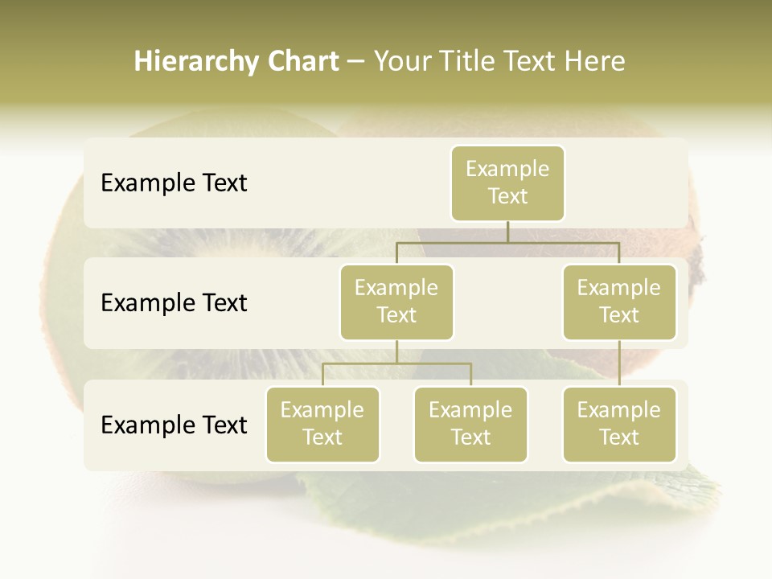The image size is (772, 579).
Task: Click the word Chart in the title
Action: tap(303, 62)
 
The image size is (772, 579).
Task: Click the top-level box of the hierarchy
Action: tap(507, 183)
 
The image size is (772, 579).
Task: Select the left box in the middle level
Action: tap(396, 302)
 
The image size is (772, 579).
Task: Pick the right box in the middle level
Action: tap(619, 302)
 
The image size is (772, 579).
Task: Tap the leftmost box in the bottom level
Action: tap(322, 425)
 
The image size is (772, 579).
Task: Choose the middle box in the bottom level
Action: tap(470, 425)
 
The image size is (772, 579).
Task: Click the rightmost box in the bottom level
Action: tap(619, 425)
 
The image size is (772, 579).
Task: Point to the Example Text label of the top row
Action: tap(174, 183)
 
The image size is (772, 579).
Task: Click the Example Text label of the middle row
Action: tap(174, 303)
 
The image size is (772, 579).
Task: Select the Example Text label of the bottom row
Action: tap(174, 425)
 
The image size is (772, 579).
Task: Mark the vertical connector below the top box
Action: tap(507, 232)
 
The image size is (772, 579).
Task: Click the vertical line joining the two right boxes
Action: tap(619, 363)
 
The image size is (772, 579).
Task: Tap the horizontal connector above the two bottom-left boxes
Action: tap(396, 363)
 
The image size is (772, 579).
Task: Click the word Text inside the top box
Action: tap(507, 196)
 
